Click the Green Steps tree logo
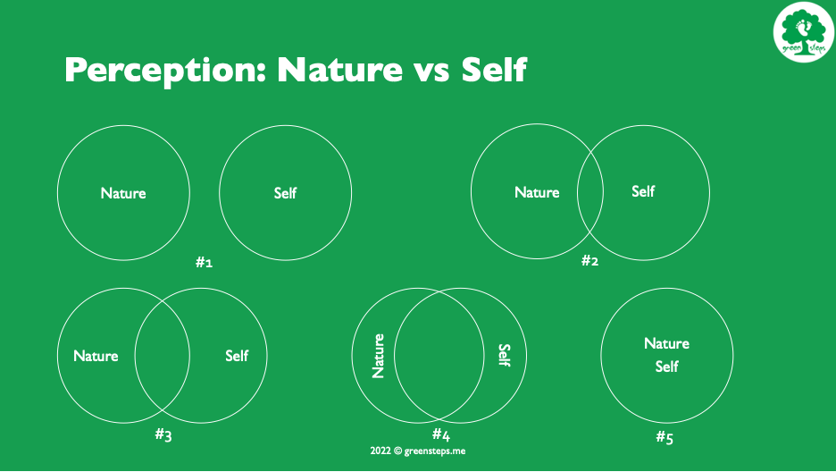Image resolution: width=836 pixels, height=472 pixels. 804,32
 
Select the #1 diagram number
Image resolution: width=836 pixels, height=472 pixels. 204,262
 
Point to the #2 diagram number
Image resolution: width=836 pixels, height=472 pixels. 589,260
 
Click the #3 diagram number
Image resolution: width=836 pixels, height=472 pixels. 163,434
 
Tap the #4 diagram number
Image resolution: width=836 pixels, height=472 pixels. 441,434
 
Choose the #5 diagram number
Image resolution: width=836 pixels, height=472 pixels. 665,438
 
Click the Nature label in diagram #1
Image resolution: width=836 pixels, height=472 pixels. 123,193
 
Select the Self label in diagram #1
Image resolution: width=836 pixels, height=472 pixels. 285,192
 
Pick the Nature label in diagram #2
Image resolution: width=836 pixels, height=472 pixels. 537,192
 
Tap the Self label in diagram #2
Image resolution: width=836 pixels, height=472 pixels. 643,191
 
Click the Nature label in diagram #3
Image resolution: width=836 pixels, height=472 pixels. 96,356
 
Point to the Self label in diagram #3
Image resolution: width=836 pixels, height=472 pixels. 237,355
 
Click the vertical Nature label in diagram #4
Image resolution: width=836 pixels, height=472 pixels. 378,357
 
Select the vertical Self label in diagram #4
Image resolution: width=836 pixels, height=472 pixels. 505,355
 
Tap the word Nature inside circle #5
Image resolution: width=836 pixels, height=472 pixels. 666,343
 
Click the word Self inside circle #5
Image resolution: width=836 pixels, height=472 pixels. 666,367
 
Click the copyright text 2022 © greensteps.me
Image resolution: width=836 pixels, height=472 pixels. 417,451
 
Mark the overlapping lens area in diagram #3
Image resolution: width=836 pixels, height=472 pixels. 162,356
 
